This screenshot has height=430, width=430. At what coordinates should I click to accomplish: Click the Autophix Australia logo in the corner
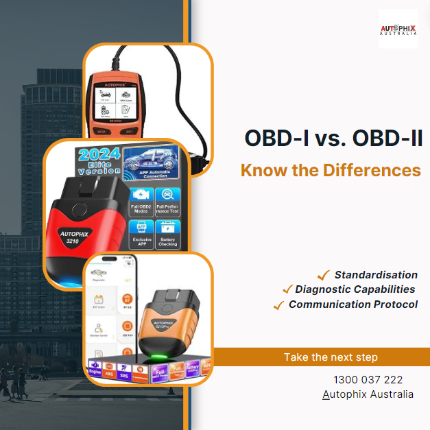pos(398,29)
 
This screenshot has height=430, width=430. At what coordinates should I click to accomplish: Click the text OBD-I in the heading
pos(270,139)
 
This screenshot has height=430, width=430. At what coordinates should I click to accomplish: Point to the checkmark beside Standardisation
pos(323,275)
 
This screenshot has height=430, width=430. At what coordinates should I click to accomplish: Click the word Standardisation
pos(376,275)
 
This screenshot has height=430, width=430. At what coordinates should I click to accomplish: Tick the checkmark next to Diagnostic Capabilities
pos(288,290)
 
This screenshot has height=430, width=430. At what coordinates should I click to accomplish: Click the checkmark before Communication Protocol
pos(278,305)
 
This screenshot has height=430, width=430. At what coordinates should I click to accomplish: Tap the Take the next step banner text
pos(331,357)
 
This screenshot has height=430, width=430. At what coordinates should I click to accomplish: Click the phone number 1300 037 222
pos(368,379)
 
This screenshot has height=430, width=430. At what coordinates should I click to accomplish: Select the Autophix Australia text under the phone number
pos(368,394)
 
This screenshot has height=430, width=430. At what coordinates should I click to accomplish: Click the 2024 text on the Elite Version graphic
pos(99,154)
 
